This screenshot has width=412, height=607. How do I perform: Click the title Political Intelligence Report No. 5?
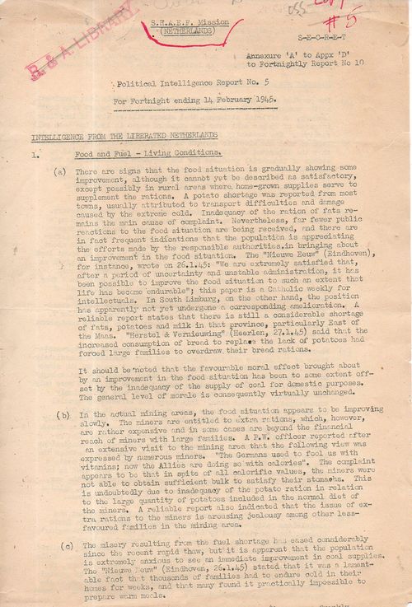coord(180,84)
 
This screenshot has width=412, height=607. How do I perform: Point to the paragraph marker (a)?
coord(59,170)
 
